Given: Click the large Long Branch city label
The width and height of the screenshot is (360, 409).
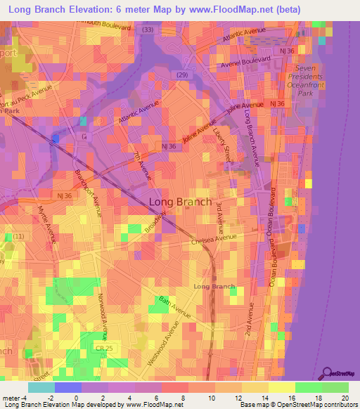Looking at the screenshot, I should (x=180, y=202).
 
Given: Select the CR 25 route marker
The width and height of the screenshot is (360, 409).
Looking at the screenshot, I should (x=104, y=348).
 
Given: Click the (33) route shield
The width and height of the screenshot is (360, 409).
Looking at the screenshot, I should (x=147, y=30).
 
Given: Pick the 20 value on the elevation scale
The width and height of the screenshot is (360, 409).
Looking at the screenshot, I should (x=345, y=397).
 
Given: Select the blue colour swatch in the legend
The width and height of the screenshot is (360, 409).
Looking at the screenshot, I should (x=67, y=387).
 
